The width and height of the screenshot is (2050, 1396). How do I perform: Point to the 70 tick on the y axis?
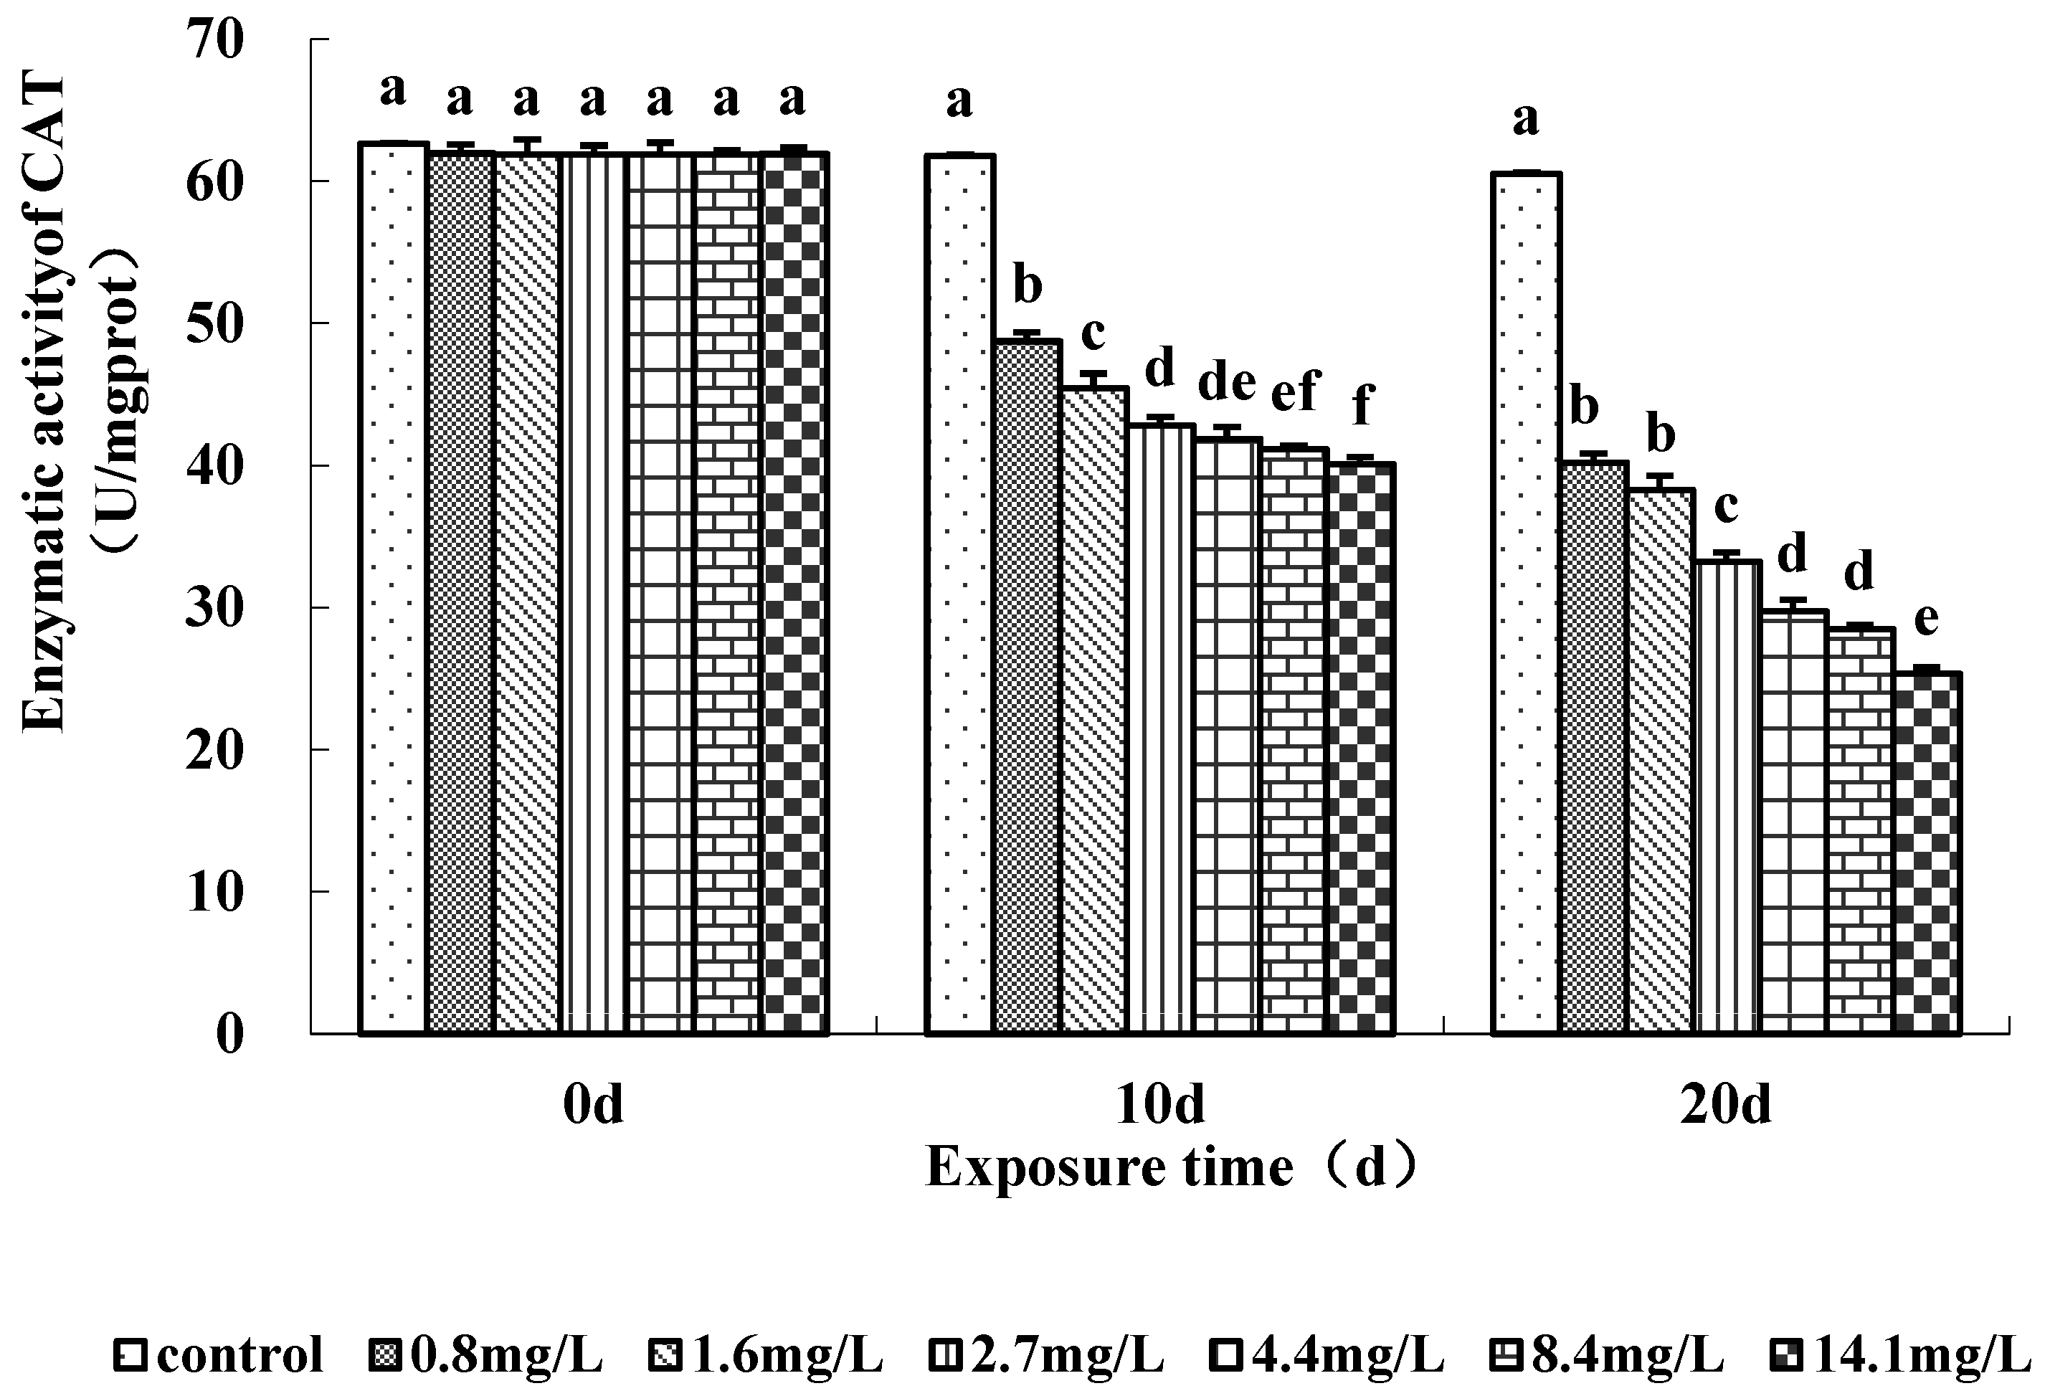pyautogui.click(x=214, y=41)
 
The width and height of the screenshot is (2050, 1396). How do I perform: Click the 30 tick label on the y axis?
pyautogui.click(x=214, y=609)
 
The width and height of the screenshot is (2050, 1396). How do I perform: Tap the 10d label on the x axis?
pyautogui.click(x=1160, y=1104)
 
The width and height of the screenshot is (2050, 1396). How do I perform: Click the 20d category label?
pyautogui.click(x=1725, y=1104)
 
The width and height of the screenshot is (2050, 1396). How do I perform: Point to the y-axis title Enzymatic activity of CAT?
pyautogui.click(x=44, y=404)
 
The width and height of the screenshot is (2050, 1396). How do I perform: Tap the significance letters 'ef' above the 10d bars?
pyautogui.click(x=1294, y=390)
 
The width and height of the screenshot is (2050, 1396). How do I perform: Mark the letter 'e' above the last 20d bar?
pyautogui.click(x=1927, y=618)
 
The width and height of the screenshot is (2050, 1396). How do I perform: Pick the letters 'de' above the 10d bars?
pyautogui.click(x=1226, y=382)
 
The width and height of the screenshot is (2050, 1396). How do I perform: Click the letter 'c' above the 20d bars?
pyautogui.click(x=1725, y=505)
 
